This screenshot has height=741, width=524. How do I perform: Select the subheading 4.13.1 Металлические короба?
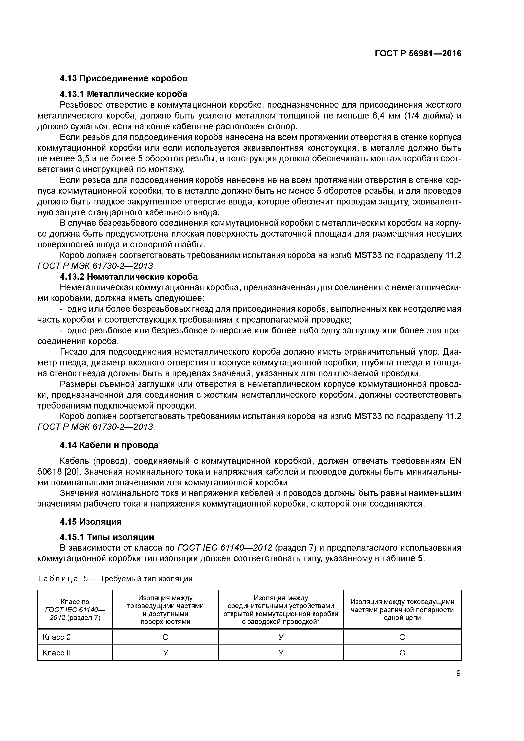(x=124, y=94)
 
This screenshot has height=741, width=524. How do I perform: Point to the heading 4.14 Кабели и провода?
(x=109, y=445)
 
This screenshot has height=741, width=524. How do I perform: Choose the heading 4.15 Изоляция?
(x=91, y=522)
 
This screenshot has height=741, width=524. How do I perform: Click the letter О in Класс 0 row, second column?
(x=165, y=637)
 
